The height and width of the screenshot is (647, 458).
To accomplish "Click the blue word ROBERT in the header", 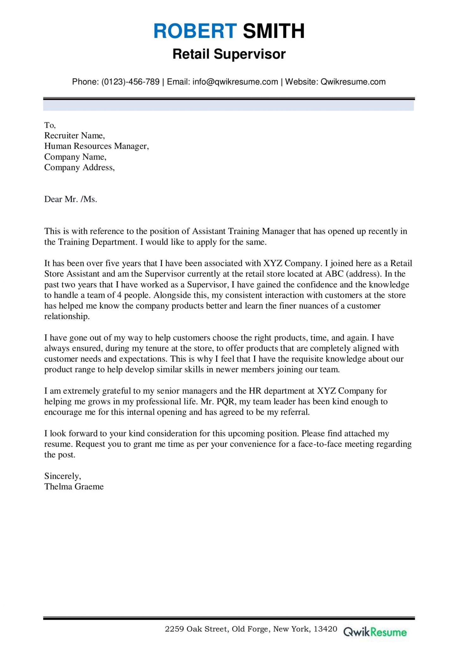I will [195, 31].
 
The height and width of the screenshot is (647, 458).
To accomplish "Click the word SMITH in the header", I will [273, 31].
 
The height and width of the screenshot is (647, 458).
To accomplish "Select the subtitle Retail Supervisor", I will [229, 54].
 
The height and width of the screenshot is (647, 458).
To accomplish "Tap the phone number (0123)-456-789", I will [130, 82].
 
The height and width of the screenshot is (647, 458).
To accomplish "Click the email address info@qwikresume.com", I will [235, 82].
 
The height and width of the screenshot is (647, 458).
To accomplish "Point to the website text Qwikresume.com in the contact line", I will [353, 82].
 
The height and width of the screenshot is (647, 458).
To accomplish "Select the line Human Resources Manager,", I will [96, 146].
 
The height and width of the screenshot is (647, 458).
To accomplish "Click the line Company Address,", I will [79, 167].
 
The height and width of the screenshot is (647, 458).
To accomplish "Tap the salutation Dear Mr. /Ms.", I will [70, 199].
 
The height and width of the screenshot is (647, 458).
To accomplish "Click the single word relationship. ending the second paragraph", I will [67, 316].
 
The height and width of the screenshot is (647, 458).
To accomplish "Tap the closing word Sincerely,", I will [63, 476].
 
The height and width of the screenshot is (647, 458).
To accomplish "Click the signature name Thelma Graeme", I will [74, 487].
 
